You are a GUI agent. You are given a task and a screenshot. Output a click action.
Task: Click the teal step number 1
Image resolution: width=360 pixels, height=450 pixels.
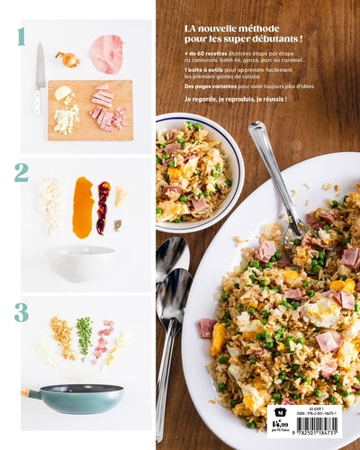pyautogui.click(x=20, y=37)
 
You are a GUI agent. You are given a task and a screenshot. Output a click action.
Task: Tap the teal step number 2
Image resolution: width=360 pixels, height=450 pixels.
pyautogui.click(x=21, y=172)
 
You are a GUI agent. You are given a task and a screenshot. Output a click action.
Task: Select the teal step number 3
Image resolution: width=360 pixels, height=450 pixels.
pyautogui.click(x=21, y=312)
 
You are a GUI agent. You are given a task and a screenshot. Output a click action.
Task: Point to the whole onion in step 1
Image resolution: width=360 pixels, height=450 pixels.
pyautogui.click(x=67, y=59)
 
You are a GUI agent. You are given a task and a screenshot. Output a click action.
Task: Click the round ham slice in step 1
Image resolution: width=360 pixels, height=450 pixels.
pyautogui.click(x=106, y=54)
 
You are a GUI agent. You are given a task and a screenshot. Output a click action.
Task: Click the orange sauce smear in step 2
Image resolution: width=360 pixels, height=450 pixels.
pyautogui.click(x=83, y=207)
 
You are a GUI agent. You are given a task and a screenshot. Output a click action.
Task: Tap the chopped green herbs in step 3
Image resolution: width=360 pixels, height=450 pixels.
pyautogui.click(x=84, y=336)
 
